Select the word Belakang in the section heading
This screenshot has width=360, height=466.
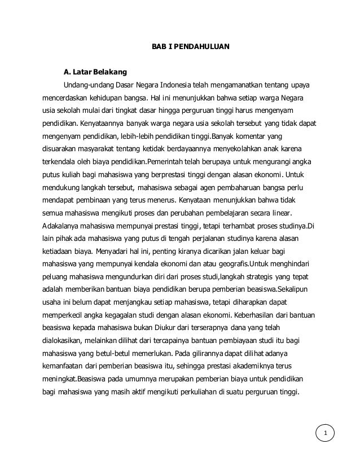point(112,72)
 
